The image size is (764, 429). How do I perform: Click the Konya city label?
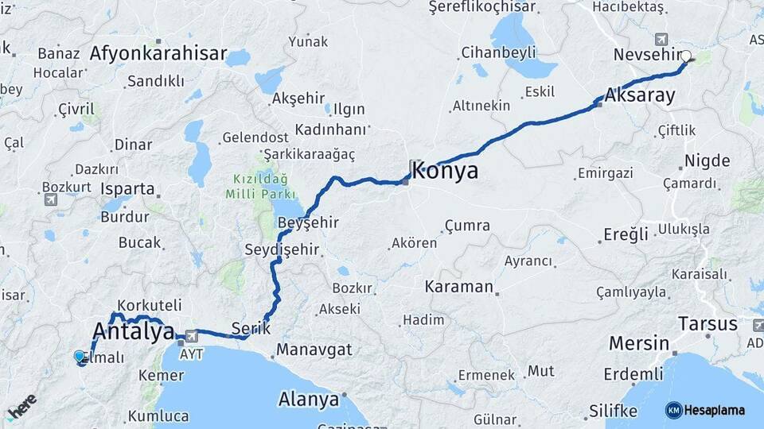click(446, 170)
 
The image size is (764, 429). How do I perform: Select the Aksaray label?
click(640, 95)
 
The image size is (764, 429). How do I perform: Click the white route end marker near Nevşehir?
click(686, 56)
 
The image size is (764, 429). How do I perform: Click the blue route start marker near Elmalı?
click(80, 357)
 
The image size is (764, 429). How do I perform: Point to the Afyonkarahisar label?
click(158, 54)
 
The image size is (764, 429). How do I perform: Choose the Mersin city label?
click(638, 343)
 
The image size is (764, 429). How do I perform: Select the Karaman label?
click(459, 286)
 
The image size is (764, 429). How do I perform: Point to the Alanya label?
click(308, 399)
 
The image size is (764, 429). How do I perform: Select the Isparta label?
click(128, 189)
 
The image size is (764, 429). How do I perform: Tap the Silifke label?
click(613, 411)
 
